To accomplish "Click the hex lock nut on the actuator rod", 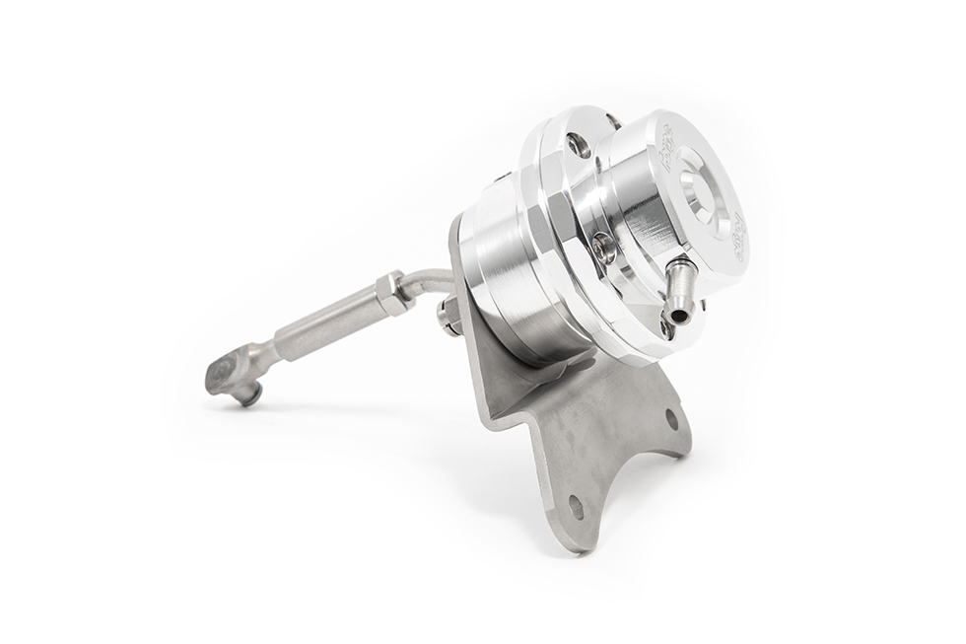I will point(393,294).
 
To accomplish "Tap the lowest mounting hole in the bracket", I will point(575,510).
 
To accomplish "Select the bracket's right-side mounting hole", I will point(671,418).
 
